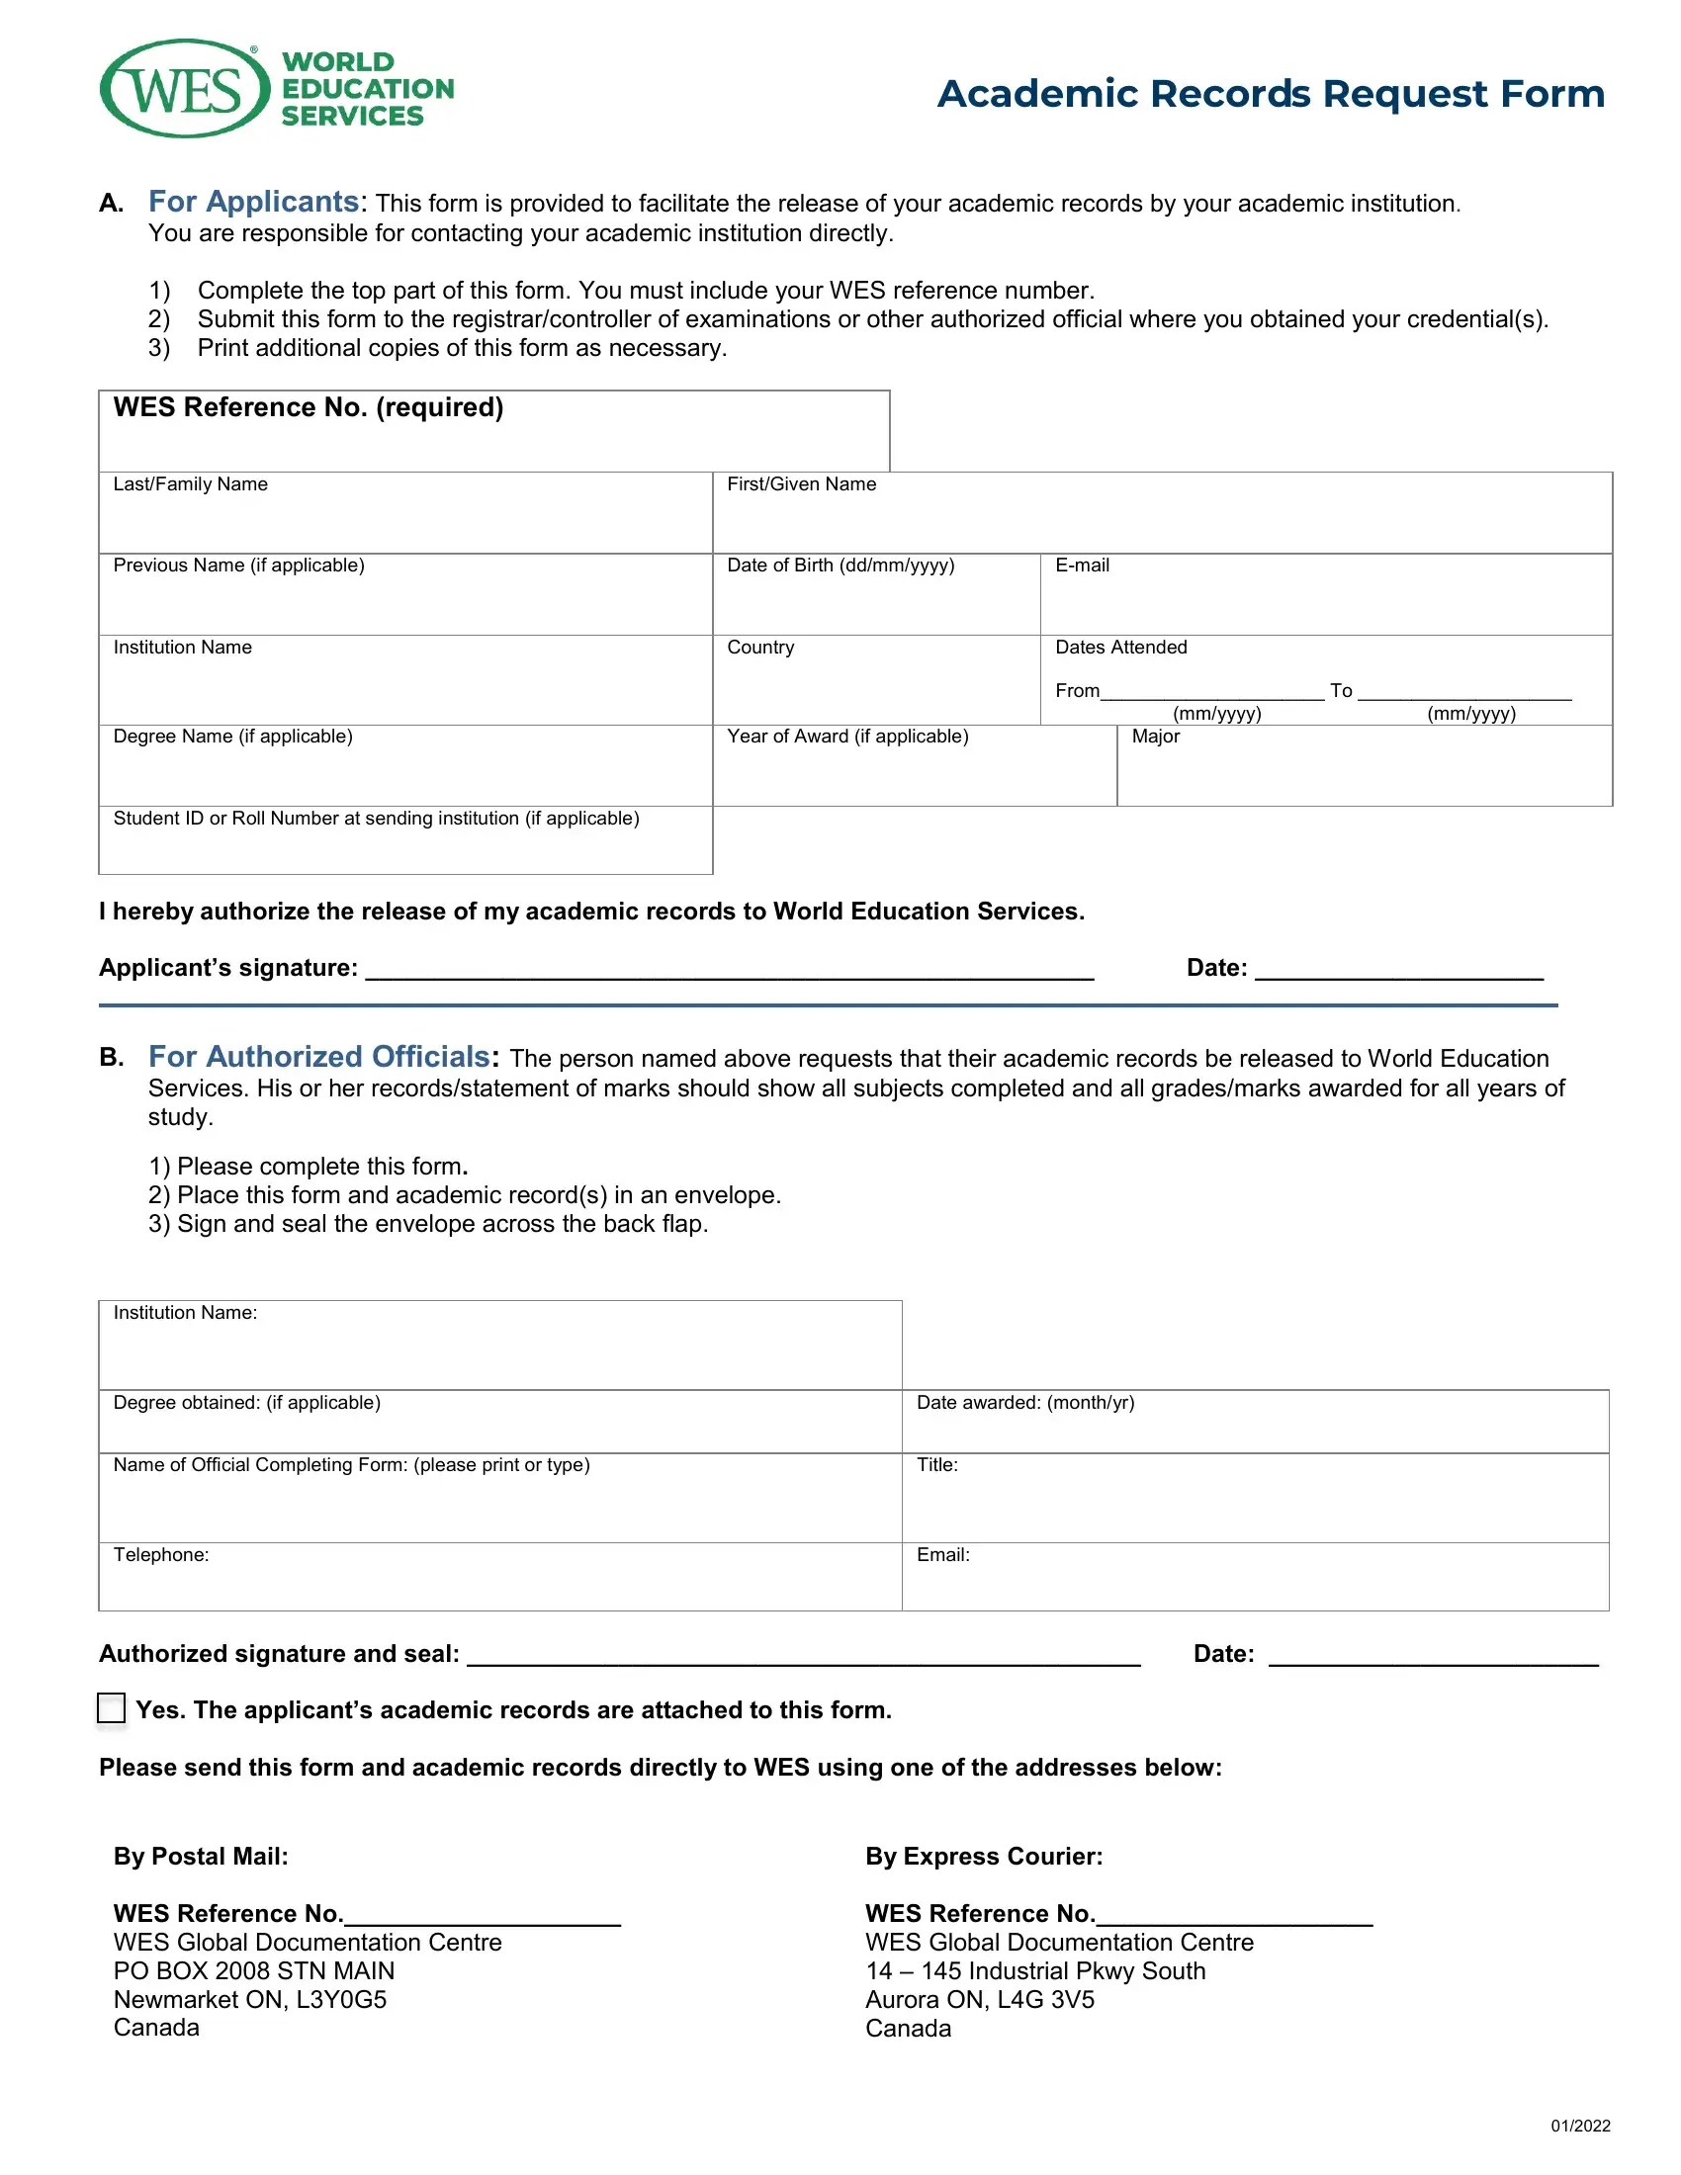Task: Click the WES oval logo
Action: pyautogui.click(x=184, y=90)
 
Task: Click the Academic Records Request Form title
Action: pyautogui.click(x=1270, y=94)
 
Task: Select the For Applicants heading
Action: pyautogui.click(x=255, y=202)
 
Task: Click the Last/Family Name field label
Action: pyautogui.click(x=190, y=484)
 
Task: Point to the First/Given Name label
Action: pyautogui.click(x=801, y=484)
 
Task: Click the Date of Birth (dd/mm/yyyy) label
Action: pyautogui.click(x=840, y=565)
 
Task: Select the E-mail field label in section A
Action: pyautogui.click(x=1082, y=565)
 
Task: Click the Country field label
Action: pyautogui.click(x=759, y=648)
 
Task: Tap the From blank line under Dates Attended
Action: pyautogui.click(x=1211, y=692)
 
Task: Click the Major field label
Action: pyautogui.click(x=1155, y=737)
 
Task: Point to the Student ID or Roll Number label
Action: pyautogui.click(x=376, y=819)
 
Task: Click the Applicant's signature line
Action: pyautogui.click(x=729, y=970)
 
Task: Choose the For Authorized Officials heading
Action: pyautogui.click(x=319, y=1057)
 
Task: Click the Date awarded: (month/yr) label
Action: pyautogui.click(x=1024, y=1403)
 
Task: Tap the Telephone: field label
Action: pyautogui.click(x=161, y=1555)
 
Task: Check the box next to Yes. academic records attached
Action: pyautogui.click(x=112, y=1708)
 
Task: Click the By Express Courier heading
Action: pyautogui.click(x=983, y=1857)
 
